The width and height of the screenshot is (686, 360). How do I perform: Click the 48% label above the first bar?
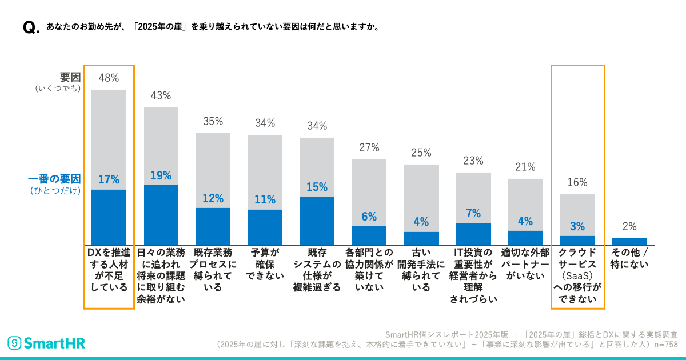(x=109, y=77)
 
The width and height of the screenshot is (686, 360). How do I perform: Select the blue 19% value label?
(x=161, y=176)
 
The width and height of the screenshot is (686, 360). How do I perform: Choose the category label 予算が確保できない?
(x=265, y=263)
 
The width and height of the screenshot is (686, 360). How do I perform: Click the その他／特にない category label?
(x=629, y=258)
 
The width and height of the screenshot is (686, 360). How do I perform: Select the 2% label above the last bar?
(x=629, y=226)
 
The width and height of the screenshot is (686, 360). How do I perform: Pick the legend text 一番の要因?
(x=54, y=178)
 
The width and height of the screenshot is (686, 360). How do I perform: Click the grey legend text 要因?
(x=70, y=77)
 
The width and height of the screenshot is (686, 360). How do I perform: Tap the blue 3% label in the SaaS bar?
(x=577, y=226)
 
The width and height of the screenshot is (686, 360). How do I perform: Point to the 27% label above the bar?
(x=369, y=147)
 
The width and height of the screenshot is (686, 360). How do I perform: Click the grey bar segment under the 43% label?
(x=161, y=146)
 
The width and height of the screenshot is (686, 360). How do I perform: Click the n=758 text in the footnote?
(x=665, y=345)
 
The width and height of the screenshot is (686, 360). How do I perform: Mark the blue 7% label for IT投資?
(x=473, y=213)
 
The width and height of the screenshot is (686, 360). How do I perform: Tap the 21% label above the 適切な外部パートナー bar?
(x=525, y=167)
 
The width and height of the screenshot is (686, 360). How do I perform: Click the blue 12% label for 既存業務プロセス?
(x=213, y=198)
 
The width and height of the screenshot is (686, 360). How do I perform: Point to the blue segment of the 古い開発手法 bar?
(x=421, y=238)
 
